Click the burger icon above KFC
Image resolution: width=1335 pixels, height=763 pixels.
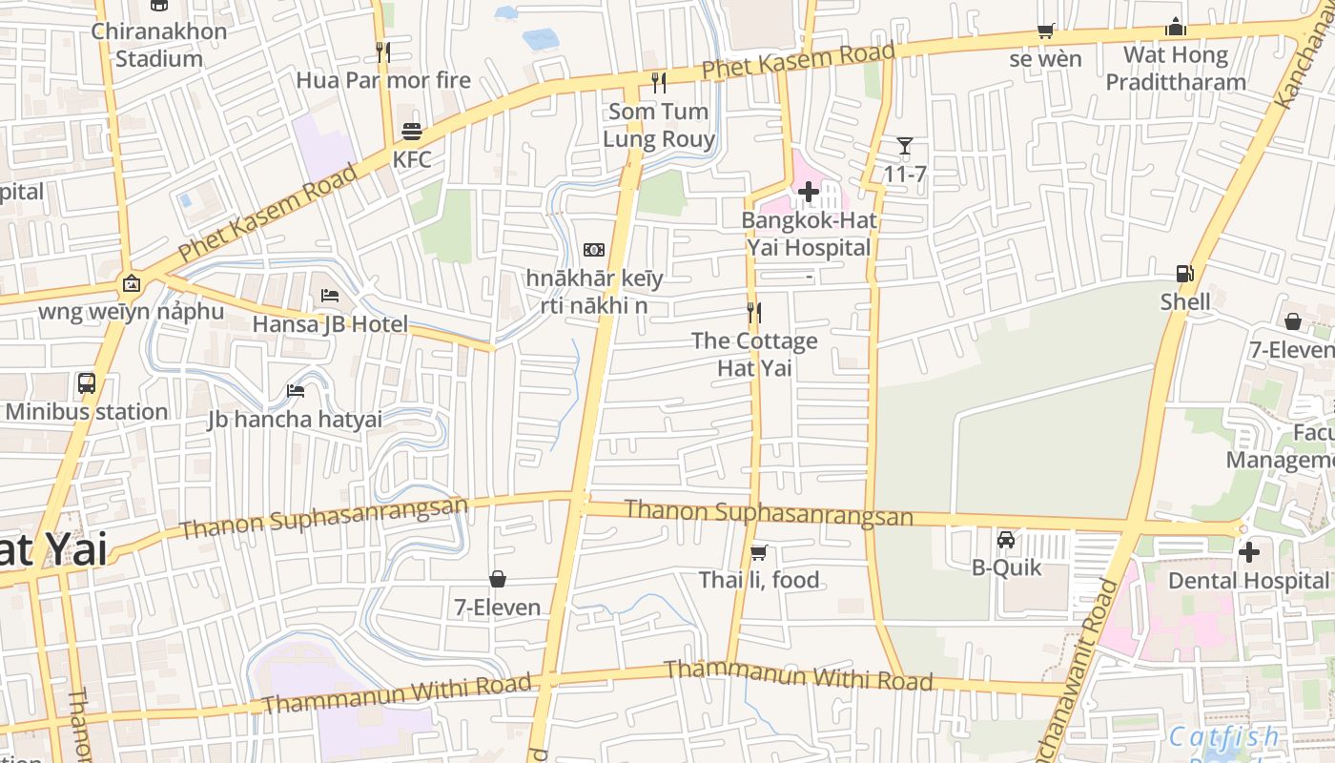click(x=412, y=132)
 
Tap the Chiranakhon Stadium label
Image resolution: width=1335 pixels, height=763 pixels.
click(x=159, y=45)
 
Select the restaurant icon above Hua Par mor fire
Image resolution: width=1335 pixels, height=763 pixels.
click(x=383, y=52)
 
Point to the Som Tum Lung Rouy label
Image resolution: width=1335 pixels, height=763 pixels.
click(x=659, y=126)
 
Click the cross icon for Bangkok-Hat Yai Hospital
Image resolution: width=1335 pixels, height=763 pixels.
click(x=809, y=193)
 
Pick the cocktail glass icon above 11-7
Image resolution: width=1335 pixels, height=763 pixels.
click(x=905, y=146)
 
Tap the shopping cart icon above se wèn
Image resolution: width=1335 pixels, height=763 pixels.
click(x=1045, y=31)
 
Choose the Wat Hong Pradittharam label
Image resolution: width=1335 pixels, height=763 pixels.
click(x=1176, y=68)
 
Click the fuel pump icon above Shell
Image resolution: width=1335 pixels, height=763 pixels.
click(x=1184, y=274)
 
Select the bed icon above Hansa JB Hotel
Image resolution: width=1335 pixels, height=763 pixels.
click(x=330, y=296)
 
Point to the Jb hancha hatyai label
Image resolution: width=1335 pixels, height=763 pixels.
click(x=296, y=419)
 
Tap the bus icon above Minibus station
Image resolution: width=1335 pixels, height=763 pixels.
click(x=87, y=383)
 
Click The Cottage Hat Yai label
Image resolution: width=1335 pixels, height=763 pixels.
click(x=754, y=354)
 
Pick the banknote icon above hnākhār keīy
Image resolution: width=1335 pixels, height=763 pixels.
click(x=594, y=250)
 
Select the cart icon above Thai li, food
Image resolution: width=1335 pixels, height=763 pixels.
click(x=759, y=552)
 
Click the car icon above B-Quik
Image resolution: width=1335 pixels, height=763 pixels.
click(x=1006, y=540)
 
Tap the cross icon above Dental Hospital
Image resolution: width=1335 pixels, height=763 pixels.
click(x=1248, y=552)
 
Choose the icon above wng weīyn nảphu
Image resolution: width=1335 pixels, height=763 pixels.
click(x=132, y=283)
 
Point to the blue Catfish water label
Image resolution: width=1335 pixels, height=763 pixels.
click(x=1224, y=736)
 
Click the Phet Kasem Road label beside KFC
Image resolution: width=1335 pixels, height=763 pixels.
click(x=268, y=212)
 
